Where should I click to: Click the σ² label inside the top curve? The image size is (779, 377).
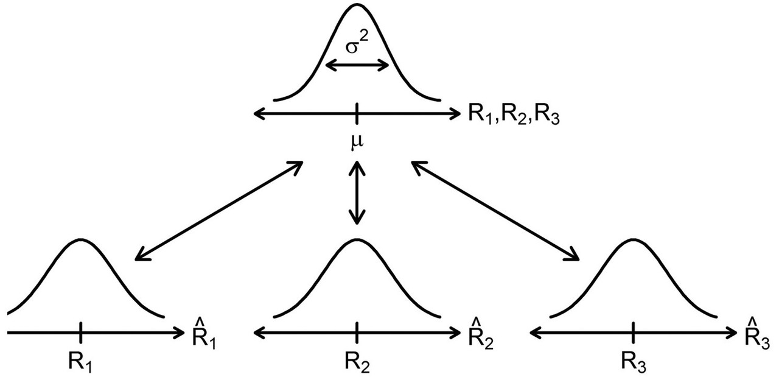(x=357, y=47)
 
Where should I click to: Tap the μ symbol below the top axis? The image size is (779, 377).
(x=357, y=142)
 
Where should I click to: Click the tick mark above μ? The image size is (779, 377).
(x=357, y=113)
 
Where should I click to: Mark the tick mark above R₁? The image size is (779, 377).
(x=80, y=333)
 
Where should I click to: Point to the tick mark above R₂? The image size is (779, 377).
(x=357, y=333)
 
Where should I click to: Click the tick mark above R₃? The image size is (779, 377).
(x=634, y=333)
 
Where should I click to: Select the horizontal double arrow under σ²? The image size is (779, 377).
(x=357, y=66)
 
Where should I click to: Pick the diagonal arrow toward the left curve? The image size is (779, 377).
(x=219, y=211)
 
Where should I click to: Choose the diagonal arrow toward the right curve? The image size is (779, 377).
(x=495, y=211)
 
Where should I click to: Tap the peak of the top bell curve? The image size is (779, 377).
(x=357, y=6)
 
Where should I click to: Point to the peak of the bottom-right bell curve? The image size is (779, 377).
(x=634, y=239)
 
